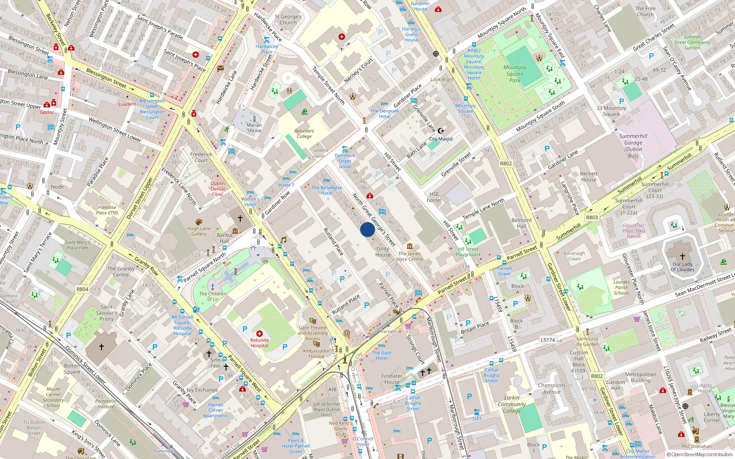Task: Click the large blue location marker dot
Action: coord(367,229)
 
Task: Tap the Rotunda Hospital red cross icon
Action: coord(260,334)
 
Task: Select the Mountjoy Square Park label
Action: coord(514,73)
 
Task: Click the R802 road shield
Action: coord(506,163)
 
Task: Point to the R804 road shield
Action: coord(82,289)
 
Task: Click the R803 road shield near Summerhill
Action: coord(592,218)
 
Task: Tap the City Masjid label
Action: coord(441,139)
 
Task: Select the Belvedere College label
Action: coord(304,134)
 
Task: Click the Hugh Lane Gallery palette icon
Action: coord(199,222)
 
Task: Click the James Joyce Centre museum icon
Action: coord(410,246)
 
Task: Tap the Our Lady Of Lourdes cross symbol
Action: coord(682,257)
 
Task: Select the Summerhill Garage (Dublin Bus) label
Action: coord(633,146)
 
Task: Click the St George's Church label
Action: coord(288,19)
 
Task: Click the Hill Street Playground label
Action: coord(468,252)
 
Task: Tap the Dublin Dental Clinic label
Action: coord(218,189)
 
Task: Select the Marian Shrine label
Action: coord(254,128)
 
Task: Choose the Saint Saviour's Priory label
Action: coord(107,313)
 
